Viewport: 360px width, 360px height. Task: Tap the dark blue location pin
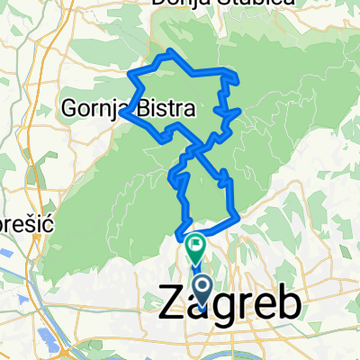coord(202,292)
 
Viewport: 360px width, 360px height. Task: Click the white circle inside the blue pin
coord(202,288)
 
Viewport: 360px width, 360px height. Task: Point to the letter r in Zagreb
coord(241,306)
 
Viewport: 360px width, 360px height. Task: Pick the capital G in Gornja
coord(69,108)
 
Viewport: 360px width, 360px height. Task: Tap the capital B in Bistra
coord(142,108)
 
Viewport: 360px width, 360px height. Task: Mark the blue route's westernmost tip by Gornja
coord(120,113)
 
